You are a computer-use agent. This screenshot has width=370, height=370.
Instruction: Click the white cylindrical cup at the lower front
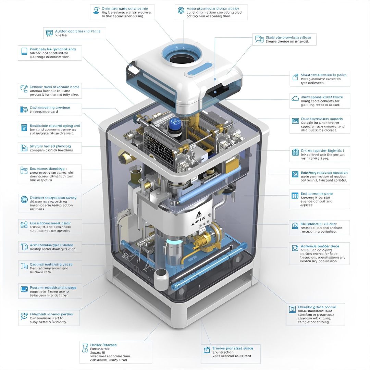(161, 278)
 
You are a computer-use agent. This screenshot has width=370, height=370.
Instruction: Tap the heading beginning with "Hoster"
(103, 345)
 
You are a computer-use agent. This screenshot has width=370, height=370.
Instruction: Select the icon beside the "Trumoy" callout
(207, 350)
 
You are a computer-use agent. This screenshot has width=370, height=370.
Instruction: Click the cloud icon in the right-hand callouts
(295, 98)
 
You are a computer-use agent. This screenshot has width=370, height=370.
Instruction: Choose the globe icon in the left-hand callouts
(24, 199)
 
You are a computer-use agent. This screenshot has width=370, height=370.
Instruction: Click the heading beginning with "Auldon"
(78, 31)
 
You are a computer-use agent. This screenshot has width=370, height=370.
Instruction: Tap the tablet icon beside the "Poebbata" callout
(24, 51)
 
